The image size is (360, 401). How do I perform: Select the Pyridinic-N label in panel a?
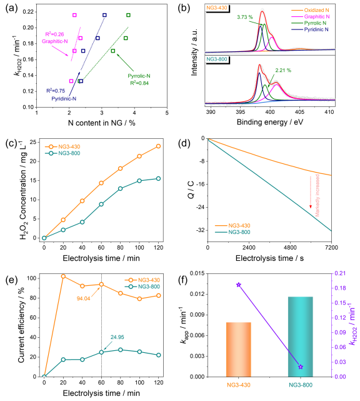pos(64,98)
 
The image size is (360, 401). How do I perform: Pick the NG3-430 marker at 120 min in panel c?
pos(159,146)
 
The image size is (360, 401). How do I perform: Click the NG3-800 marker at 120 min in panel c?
pos(159,178)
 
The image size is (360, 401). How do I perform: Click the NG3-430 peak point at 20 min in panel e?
pos(63,276)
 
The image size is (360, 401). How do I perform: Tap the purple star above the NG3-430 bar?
pos(238,285)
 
